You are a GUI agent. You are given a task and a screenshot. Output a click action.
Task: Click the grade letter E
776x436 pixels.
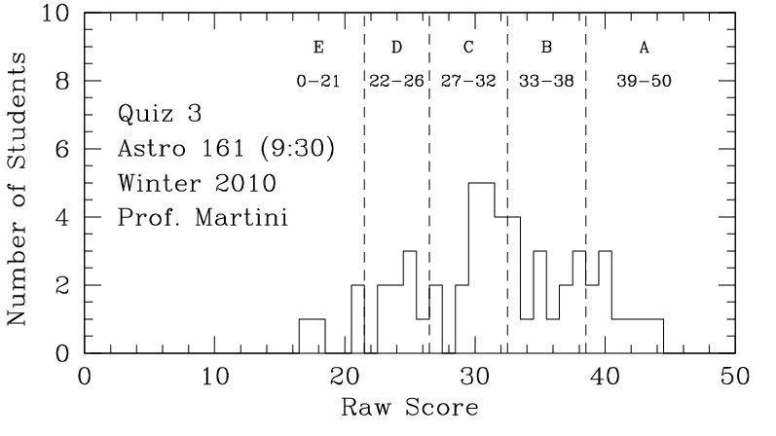point(317,47)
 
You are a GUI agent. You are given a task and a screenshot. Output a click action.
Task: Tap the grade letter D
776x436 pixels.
point(396,47)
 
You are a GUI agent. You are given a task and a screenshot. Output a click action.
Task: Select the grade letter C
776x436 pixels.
point(468,47)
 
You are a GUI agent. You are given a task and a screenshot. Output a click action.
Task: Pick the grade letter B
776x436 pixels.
point(546,47)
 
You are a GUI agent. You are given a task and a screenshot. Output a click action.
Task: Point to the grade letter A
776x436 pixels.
point(644,47)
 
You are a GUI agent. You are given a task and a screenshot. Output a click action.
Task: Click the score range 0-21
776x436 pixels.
point(317,82)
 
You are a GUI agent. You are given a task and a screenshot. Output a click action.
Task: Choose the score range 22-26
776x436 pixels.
point(396,82)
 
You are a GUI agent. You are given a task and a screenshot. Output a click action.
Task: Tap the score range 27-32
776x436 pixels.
point(468,82)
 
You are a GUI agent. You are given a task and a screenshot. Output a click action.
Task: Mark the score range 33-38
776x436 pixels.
point(546,82)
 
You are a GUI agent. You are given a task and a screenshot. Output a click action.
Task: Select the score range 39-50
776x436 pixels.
point(644,82)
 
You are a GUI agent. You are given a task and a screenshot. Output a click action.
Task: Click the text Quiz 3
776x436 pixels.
point(160,114)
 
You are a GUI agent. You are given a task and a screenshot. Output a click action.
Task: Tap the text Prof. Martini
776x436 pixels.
point(203,216)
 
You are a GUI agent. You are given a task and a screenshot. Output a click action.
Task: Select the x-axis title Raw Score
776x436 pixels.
point(409,406)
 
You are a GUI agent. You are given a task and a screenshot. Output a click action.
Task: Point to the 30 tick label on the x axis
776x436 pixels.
point(474,376)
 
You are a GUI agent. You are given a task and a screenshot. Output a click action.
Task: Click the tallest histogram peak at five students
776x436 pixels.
point(481,184)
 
